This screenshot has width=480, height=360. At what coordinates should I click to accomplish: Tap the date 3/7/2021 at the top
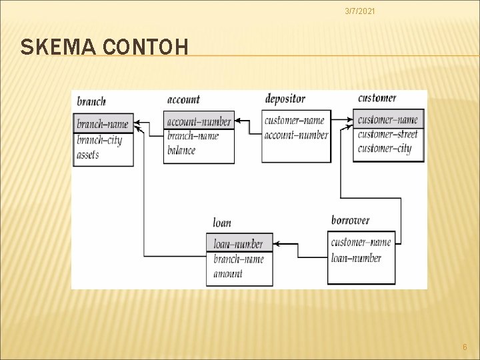click(359, 11)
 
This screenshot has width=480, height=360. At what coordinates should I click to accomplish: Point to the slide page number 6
click(465, 346)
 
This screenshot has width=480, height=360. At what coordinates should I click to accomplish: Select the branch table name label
click(91, 101)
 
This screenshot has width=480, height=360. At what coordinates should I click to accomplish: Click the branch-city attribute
click(99, 140)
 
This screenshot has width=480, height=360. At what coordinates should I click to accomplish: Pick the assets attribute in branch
click(88, 155)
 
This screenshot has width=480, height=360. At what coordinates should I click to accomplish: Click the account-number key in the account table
click(199, 121)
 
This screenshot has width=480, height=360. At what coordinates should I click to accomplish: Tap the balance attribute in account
click(181, 150)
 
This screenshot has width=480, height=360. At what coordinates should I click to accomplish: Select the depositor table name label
click(285, 99)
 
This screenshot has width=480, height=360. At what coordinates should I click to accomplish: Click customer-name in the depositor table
click(294, 121)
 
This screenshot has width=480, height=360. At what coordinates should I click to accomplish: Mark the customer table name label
click(377, 98)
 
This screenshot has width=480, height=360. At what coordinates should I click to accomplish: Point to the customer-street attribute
click(387, 134)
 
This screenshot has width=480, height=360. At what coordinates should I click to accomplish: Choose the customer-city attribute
click(384, 148)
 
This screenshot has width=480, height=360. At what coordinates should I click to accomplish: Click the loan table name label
click(222, 223)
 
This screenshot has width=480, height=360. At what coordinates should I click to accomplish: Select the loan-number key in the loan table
click(238, 244)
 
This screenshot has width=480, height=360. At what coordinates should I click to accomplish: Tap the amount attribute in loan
click(228, 273)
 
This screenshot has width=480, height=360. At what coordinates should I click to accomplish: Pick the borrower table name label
click(350, 220)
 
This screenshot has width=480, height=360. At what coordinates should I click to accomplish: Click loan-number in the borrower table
click(356, 257)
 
